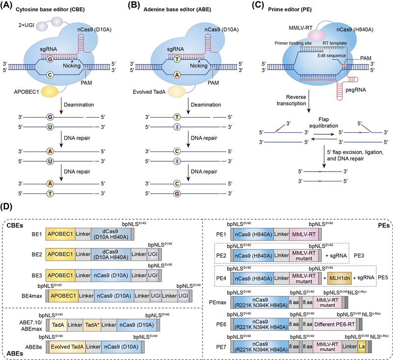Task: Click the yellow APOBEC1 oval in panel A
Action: click(50, 91)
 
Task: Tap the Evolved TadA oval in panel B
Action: click(177, 91)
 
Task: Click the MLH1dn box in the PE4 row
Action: click(339, 278)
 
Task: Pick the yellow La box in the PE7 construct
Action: click(362, 346)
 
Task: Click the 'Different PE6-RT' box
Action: click(335, 325)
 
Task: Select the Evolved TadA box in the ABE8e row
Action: click(67, 347)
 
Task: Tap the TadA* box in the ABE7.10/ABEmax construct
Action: click(92, 325)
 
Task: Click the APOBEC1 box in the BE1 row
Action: click(60, 234)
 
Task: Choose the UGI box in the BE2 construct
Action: click(153, 254)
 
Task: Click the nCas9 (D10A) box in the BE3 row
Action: click(111, 275)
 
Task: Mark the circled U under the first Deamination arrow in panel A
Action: click(50, 127)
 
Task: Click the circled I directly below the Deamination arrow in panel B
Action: click(177, 127)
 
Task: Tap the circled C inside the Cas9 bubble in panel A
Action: click(50, 74)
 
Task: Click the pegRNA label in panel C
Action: click(356, 90)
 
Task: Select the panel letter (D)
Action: click(6, 207)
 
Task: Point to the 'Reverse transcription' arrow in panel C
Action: click(309, 101)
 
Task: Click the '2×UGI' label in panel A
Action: click(27, 25)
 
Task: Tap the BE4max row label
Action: click(32, 296)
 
